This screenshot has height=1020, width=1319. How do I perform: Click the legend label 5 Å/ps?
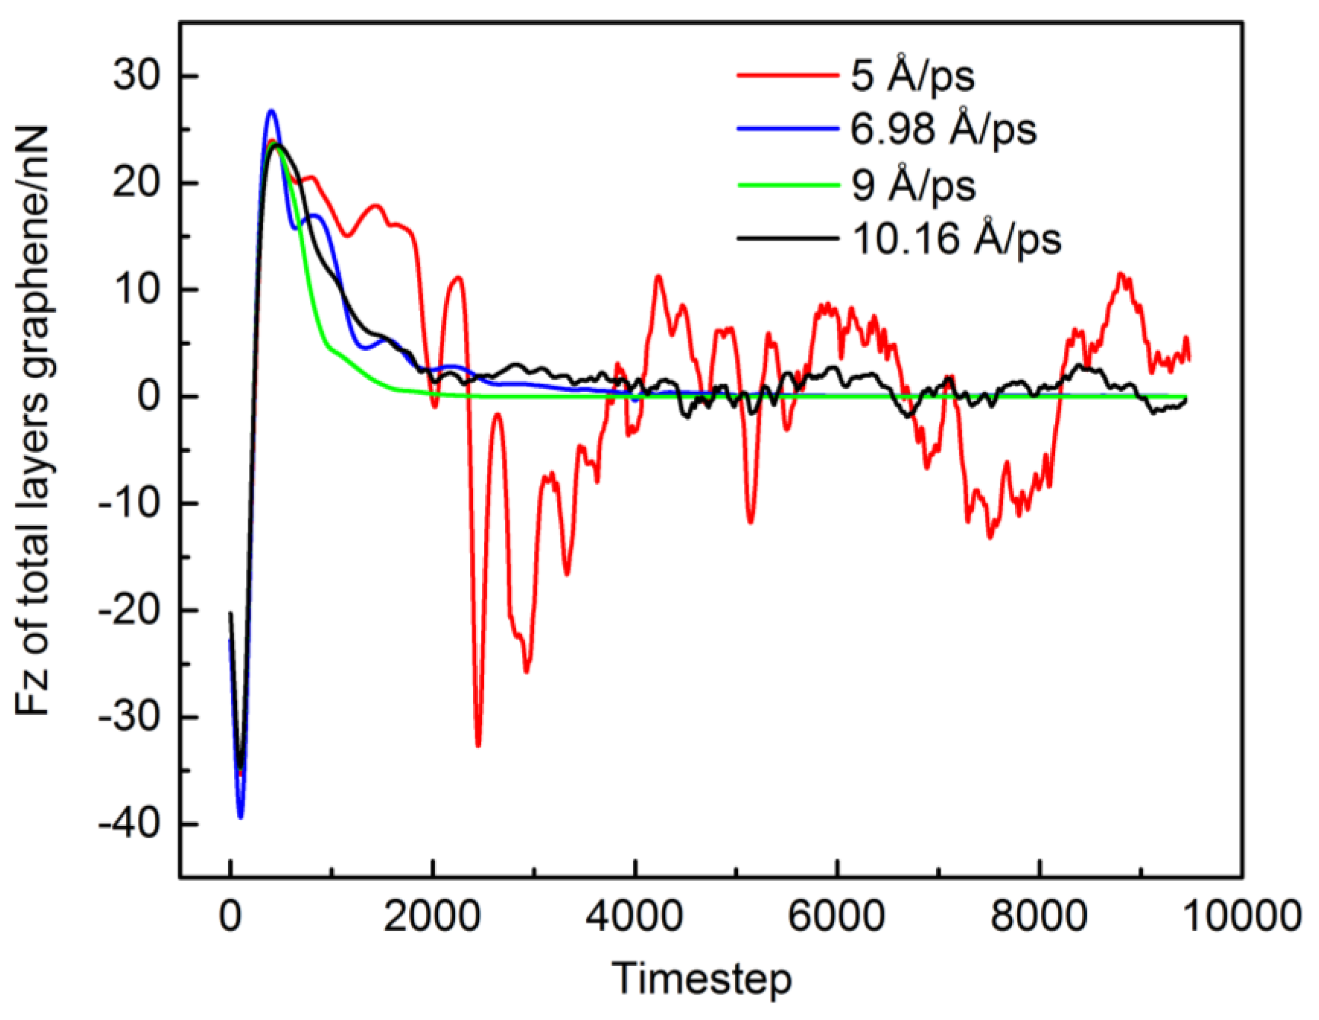912,77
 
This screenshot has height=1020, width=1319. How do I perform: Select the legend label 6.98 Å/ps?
943,129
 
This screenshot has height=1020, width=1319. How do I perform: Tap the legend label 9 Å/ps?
913,184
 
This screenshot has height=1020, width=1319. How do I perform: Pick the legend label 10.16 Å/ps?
956,239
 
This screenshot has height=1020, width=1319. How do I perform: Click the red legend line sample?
788,76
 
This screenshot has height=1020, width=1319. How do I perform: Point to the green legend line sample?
788,184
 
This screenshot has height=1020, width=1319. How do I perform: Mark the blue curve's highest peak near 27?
271,111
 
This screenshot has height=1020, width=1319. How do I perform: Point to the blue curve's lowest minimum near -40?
240,817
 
